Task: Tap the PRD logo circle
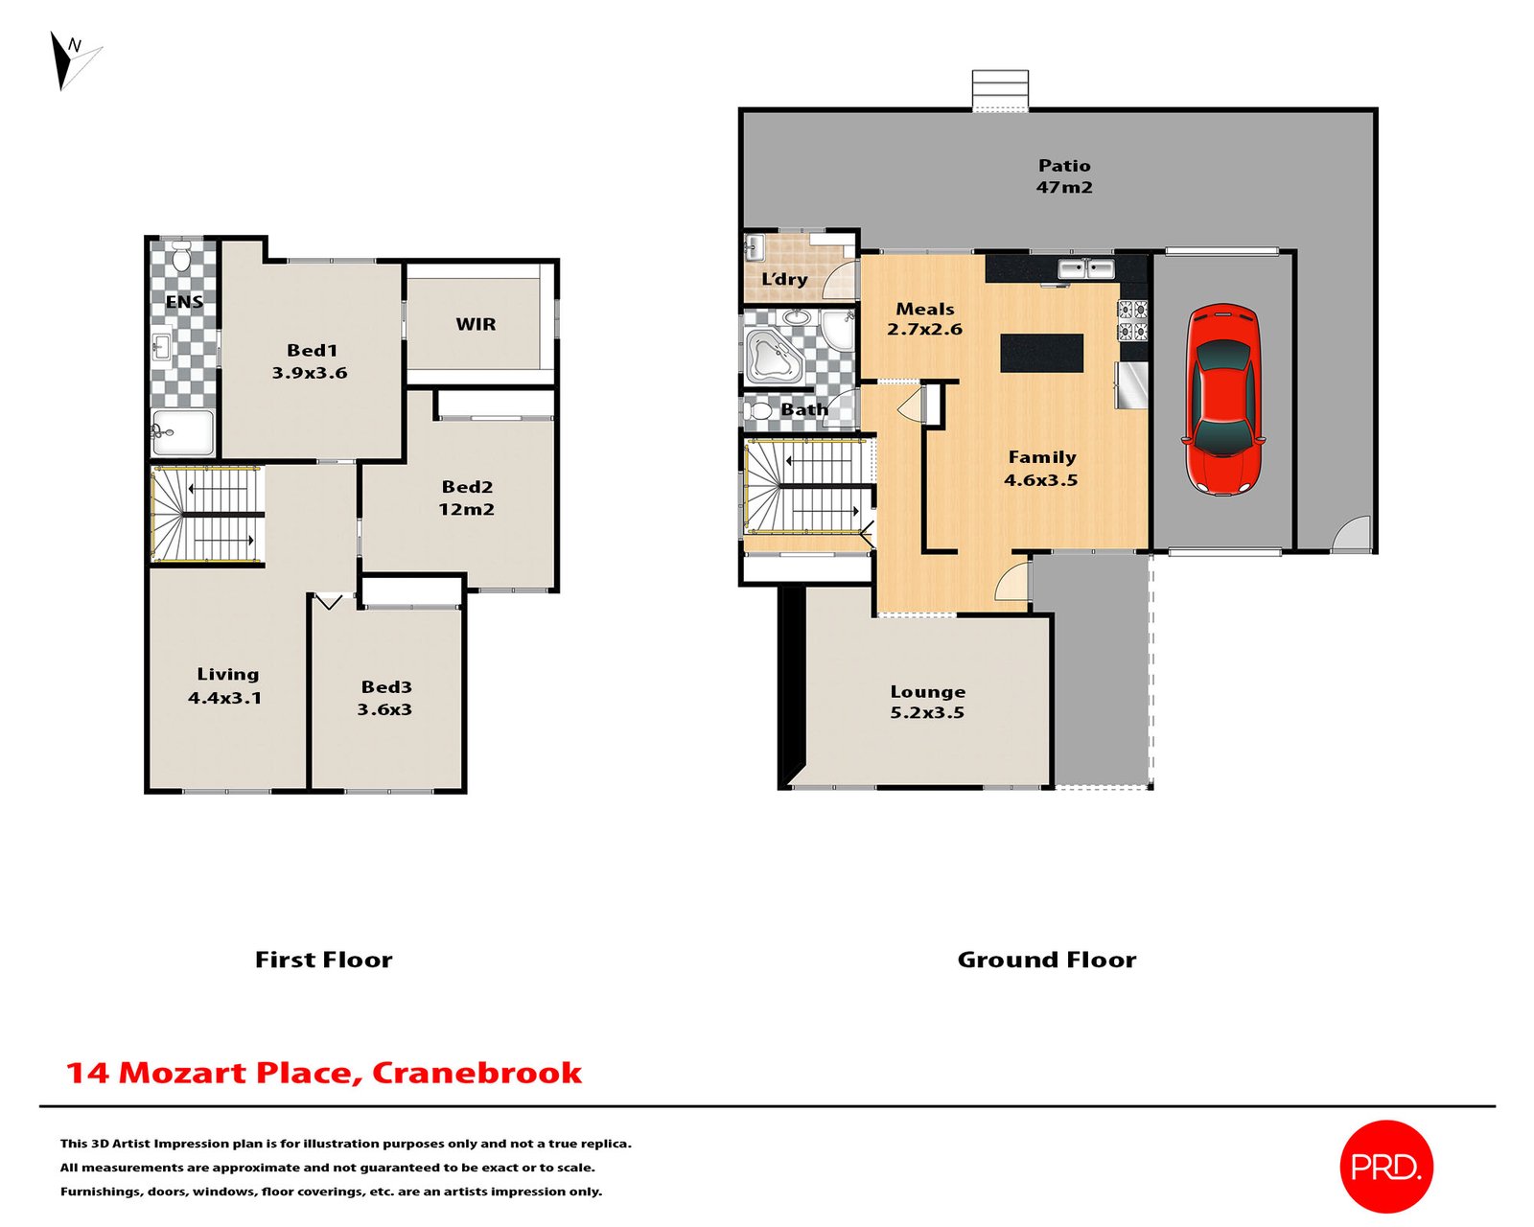[1385, 1166]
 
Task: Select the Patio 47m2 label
[1064, 176]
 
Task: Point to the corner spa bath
[775, 357]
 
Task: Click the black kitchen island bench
[1041, 353]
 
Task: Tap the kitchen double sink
[1085, 267]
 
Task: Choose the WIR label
[476, 324]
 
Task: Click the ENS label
[184, 302]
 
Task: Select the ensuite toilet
[180, 257]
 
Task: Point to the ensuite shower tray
[183, 432]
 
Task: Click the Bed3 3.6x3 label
[385, 698]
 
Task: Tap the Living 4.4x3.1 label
[226, 685]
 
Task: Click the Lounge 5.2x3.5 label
[927, 702]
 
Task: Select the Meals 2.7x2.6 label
[924, 318]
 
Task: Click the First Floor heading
[323, 960]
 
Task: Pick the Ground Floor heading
[1046, 960]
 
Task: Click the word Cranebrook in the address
[476, 1073]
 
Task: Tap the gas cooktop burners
[1132, 320]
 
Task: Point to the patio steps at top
[1000, 91]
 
